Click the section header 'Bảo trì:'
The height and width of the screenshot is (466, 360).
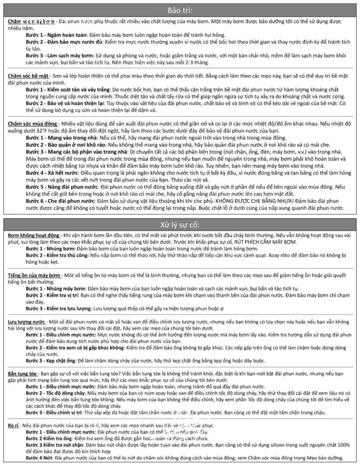tap(180, 10)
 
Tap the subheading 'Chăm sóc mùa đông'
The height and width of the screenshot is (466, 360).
tap(32, 123)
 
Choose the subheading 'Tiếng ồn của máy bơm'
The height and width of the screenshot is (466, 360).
tap(35, 275)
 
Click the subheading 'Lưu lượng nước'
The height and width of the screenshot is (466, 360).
tap(27, 322)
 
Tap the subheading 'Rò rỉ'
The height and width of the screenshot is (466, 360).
tap(14, 413)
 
